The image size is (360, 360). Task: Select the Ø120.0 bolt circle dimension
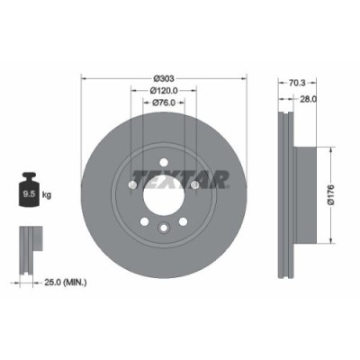[163, 90]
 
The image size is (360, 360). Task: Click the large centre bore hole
[162, 193]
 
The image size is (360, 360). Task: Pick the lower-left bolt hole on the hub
[143, 221]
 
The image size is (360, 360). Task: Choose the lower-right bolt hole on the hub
[183, 221]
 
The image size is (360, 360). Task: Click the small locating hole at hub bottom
[163, 229]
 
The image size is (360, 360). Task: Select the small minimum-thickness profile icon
[29, 243]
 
